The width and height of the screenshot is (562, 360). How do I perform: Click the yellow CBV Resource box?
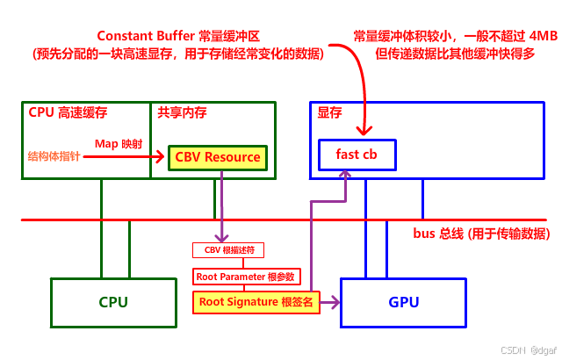(218, 157)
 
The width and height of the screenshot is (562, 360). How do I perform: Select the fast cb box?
(356, 154)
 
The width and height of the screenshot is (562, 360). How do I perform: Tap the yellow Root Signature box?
(254, 302)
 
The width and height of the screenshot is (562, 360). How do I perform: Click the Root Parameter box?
(247, 277)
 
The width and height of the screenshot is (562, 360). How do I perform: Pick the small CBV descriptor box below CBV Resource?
(229, 250)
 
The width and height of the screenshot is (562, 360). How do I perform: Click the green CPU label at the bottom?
(113, 303)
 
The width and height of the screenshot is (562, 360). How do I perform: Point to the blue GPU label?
(404, 303)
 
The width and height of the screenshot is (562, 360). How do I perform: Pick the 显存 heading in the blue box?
(329, 112)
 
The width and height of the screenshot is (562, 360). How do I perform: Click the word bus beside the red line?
(425, 234)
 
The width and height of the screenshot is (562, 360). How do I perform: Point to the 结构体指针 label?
(54, 157)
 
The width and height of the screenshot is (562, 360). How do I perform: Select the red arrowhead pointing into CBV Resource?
(162, 157)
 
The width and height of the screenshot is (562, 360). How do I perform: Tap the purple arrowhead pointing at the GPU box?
(335, 302)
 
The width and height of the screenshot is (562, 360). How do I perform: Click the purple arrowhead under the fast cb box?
(346, 176)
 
